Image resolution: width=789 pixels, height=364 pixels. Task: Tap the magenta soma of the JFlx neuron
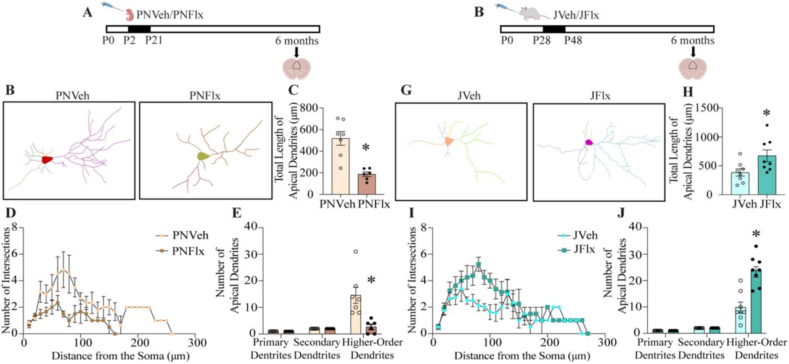point(588,142)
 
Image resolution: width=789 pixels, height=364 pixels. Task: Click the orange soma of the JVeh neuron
point(449,141)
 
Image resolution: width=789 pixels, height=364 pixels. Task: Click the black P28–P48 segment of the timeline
point(554,28)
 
